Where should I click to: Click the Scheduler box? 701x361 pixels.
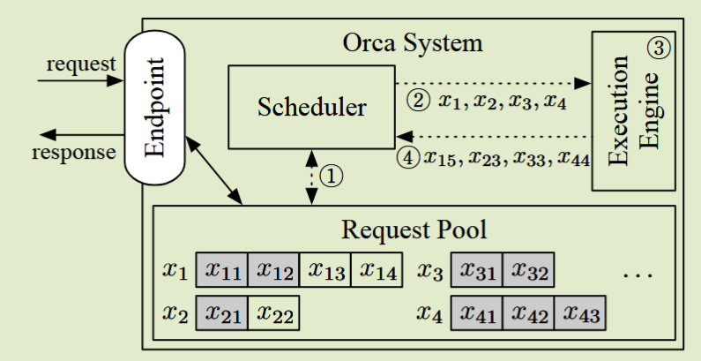pyautogui.click(x=311, y=106)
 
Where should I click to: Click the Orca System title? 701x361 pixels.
pyautogui.click(x=414, y=41)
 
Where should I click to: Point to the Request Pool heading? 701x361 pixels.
pyautogui.click(x=414, y=230)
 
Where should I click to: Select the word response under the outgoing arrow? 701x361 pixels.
pyautogui.click(x=74, y=153)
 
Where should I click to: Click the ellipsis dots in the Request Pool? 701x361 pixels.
pyautogui.click(x=636, y=276)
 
